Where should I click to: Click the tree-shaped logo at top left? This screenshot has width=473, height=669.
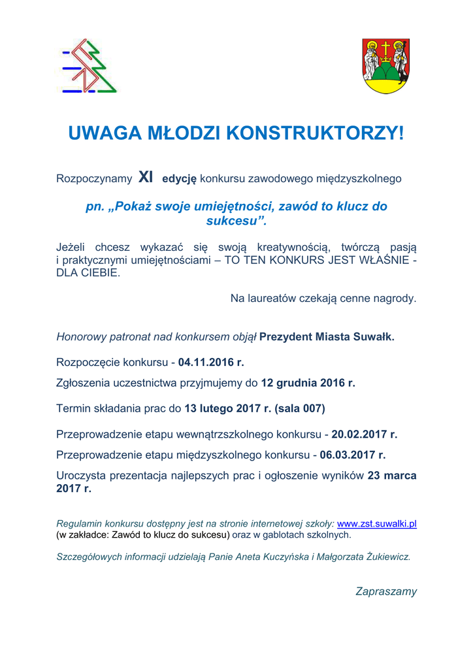[89, 65]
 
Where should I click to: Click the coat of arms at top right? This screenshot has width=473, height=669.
[385, 65]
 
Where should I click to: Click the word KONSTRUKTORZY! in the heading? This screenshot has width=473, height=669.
[315, 133]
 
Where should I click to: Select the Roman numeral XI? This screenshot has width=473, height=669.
[146, 177]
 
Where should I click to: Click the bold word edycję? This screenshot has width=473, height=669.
[179, 178]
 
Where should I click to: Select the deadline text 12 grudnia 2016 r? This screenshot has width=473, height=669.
[308, 383]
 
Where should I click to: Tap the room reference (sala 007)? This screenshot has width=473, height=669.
[300, 409]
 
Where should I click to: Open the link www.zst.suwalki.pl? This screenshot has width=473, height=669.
[377, 523]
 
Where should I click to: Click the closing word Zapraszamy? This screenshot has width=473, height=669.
[386, 591]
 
